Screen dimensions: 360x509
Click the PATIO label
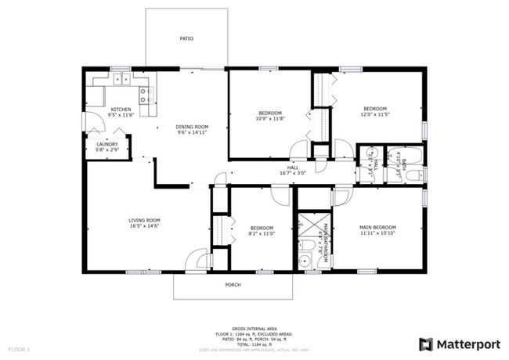click(x=186, y=38)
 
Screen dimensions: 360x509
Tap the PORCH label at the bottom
click(x=233, y=285)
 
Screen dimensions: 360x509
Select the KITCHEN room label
click(x=121, y=110)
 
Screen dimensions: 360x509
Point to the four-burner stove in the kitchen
click(x=146, y=95)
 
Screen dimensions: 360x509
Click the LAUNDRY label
click(x=107, y=144)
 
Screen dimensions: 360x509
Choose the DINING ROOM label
click(x=192, y=127)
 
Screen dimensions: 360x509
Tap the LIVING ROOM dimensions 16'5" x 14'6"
click(x=144, y=227)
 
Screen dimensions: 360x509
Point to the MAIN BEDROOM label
click(x=377, y=227)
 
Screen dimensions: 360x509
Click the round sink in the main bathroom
click(x=306, y=246)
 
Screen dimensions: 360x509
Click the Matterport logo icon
click(x=426, y=344)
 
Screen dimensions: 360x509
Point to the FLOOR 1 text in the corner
click(x=19, y=347)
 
